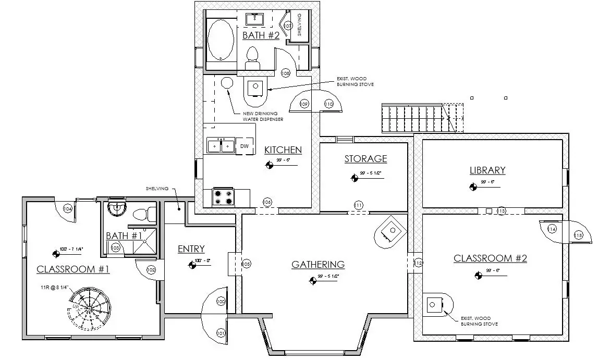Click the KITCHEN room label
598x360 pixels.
click(x=283, y=150)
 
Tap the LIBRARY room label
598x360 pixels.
click(x=487, y=170)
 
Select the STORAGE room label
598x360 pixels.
click(x=365, y=158)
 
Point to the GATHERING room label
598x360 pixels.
click(x=318, y=265)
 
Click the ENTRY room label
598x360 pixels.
click(x=191, y=249)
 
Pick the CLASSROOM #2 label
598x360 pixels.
click(x=490, y=258)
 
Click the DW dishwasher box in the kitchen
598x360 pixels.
click(x=244, y=146)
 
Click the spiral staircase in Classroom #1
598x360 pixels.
click(x=89, y=308)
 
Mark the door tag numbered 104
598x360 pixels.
click(x=67, y=208)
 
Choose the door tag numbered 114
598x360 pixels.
click(x=552, y=229)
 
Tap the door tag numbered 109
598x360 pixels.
click(x=304, y=104)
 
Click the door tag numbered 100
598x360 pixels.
click(x=221, y=302)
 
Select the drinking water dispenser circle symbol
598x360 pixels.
click(x=227, y=82)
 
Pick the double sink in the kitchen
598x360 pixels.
click(x=221, y=146)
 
